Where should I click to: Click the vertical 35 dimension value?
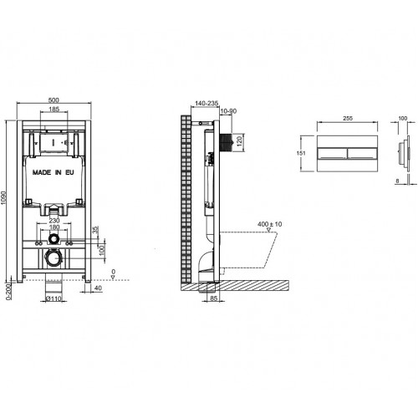point(97,231)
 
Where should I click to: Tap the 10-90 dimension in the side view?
point(228,111)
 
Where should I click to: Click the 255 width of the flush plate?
point(345,120)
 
